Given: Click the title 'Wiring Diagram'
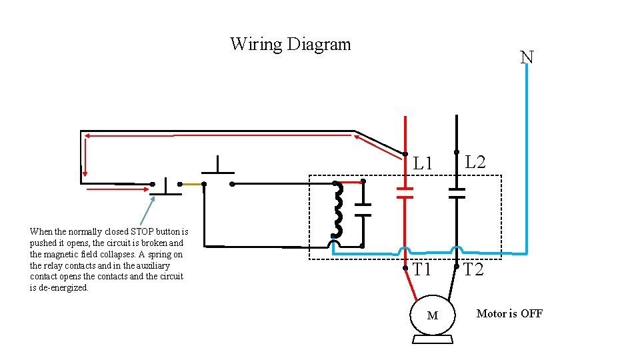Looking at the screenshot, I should click(290, 45).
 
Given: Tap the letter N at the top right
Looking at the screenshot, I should click(527, 57).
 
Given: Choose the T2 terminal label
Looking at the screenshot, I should click(473, 270).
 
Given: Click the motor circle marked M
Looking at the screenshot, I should click(433, 315).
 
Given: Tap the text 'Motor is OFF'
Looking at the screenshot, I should click(509, 313).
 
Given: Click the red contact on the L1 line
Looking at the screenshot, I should click(405, 193).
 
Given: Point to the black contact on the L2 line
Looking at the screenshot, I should click(457, 193).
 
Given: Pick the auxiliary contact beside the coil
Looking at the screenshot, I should click(363, 209).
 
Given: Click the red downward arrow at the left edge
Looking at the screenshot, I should click(83, 160).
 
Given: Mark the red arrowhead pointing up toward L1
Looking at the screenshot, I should click(360, 139).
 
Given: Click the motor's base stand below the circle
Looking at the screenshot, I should click(433, 340).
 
